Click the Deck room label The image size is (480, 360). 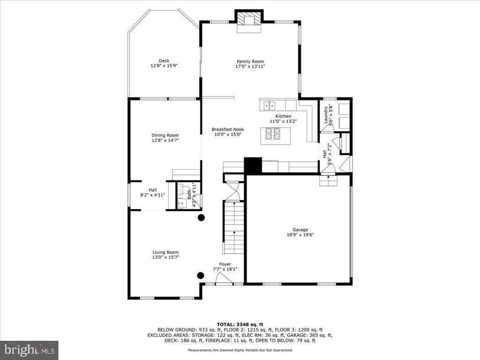pos(164,60)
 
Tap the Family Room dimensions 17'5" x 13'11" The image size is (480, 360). pos(250,66)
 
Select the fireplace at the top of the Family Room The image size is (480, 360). pos(249,21)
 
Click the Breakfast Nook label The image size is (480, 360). pos(228,129)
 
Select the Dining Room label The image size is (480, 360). pos(165,135)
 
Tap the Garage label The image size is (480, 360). pos(300,230)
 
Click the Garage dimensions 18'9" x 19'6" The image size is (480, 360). pos(300,235)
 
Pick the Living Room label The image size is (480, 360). pos(165,252)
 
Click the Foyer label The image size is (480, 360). pos(225,264)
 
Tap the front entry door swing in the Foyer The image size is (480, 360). pos(224,278)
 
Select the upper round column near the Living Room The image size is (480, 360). pos(201,217)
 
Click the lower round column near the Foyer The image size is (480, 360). pos(201,275)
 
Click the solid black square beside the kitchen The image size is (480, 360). pos(253,165)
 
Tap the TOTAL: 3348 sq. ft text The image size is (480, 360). pos(240,324)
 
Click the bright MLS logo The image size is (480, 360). pos(30,350)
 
